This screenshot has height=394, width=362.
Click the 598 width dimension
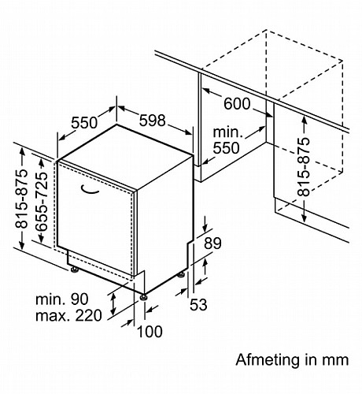(152, 121)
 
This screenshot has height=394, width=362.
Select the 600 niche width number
(237, 104)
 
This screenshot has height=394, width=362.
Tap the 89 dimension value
(212, 243)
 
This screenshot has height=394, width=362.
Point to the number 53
(198, 305)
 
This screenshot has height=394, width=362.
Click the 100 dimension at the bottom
(150, 332)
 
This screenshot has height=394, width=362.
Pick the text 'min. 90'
(62, 299)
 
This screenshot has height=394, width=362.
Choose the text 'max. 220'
(68, 315)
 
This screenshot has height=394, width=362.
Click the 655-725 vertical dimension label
(42, 202)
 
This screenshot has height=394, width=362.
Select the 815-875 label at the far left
(21, 199)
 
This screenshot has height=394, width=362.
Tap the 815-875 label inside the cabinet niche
(304, 167)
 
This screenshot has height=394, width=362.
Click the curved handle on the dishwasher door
(90, 191)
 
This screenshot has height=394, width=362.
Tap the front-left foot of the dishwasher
(74, 269)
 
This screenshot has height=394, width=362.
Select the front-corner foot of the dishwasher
(143, 297)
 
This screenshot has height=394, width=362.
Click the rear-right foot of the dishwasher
(181, 274)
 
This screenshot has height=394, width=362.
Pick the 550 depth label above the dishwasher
(84, 122)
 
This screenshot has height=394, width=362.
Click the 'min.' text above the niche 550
(228, 132)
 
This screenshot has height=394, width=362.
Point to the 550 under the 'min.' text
(226, 148)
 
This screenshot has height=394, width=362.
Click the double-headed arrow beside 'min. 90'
(113, 304)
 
